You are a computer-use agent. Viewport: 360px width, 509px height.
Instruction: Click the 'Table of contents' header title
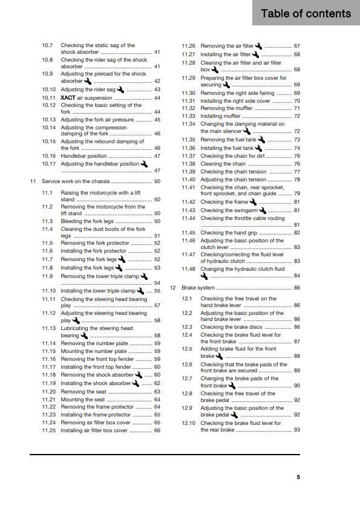[x=306, y=13]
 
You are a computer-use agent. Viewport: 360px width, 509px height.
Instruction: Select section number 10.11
[x=49, y=97]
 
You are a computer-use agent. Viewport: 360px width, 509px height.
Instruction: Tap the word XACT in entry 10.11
[x=68, y=97]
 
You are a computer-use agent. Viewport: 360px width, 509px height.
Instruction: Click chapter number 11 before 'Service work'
[x=33, y=181]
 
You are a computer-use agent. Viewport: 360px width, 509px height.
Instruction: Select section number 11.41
[x=189, y=187]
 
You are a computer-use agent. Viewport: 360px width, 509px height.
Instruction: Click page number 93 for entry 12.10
[x=296, y=430]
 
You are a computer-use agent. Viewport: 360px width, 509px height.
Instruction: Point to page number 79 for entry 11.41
[x=296, y=194]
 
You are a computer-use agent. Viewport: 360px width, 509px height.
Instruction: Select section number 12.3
[x=187, y=327]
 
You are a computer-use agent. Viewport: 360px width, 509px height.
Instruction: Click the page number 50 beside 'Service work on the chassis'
[x=157, y=181]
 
